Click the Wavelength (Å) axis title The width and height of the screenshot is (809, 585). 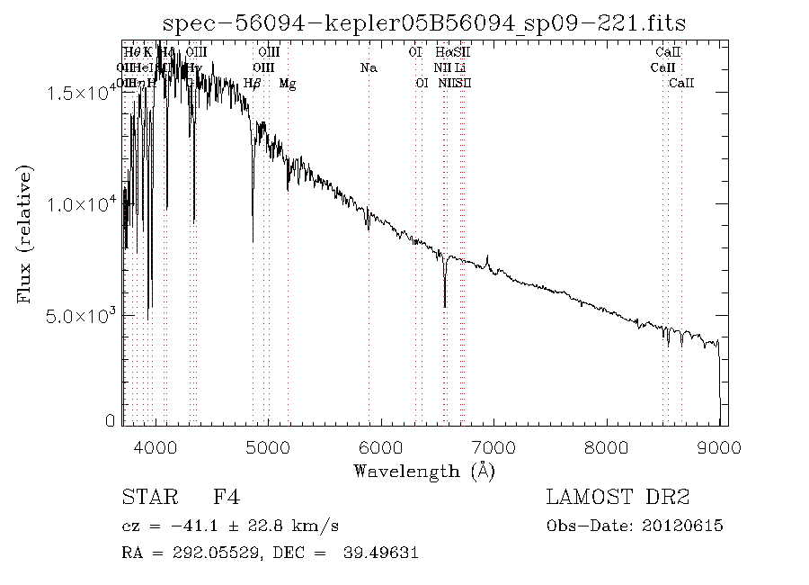tap(424, 470)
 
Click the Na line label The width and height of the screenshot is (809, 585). tap(368, 67)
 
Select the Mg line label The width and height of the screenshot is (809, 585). tap(288, 84)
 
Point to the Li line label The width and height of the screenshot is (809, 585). tap(460, 67)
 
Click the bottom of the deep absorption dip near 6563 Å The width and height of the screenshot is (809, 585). tap(445, 306)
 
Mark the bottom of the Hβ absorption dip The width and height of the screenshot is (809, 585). tap(253, 240)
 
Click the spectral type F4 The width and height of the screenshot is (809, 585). tap(226, 497)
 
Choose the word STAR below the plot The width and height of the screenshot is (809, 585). tap(147, 497)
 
